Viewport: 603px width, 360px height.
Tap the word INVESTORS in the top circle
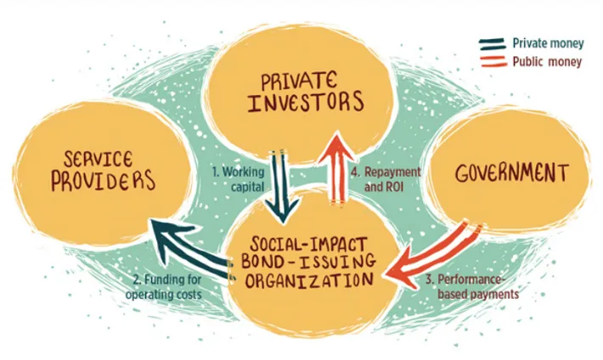[302, 105]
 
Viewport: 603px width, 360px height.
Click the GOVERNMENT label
[510, 173]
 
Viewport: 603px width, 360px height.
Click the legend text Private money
[546, 42]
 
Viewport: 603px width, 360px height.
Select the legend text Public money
[544, 61]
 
